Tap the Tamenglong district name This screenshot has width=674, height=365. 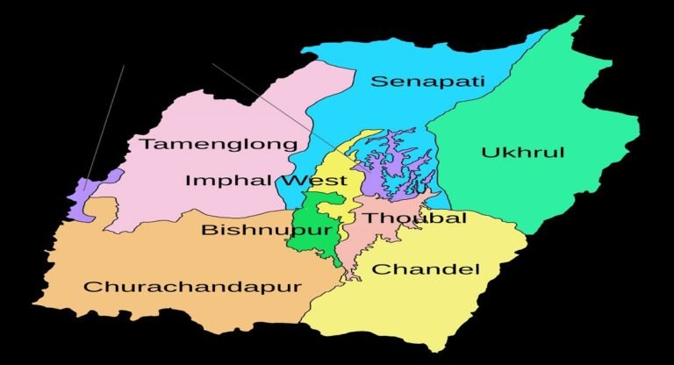point(219,144)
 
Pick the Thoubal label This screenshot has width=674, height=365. point(415,218)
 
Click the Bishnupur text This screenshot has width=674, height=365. point(266,230)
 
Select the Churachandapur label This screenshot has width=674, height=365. point(192,287)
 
